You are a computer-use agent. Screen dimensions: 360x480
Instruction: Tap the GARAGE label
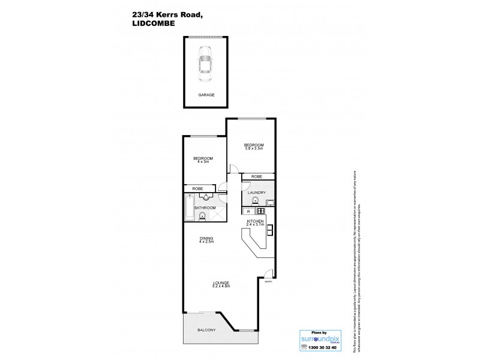click(x=206, y=95)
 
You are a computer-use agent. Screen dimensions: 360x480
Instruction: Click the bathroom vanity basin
click(x=206, y=196)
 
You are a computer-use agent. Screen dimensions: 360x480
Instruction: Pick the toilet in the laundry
click(x=254, y=200)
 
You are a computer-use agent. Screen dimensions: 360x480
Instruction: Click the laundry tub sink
click(x=269, y=202)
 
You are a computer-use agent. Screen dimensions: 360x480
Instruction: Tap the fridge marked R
click(x=249, y=211)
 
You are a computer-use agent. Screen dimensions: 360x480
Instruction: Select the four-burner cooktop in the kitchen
click(x=261, y=211)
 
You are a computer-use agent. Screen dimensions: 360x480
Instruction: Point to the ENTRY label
click(x=268, y=281)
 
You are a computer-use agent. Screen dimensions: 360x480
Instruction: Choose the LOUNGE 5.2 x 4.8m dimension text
click(x=221, y=286)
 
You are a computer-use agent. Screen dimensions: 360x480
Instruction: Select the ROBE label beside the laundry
click(x=257, y=176)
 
